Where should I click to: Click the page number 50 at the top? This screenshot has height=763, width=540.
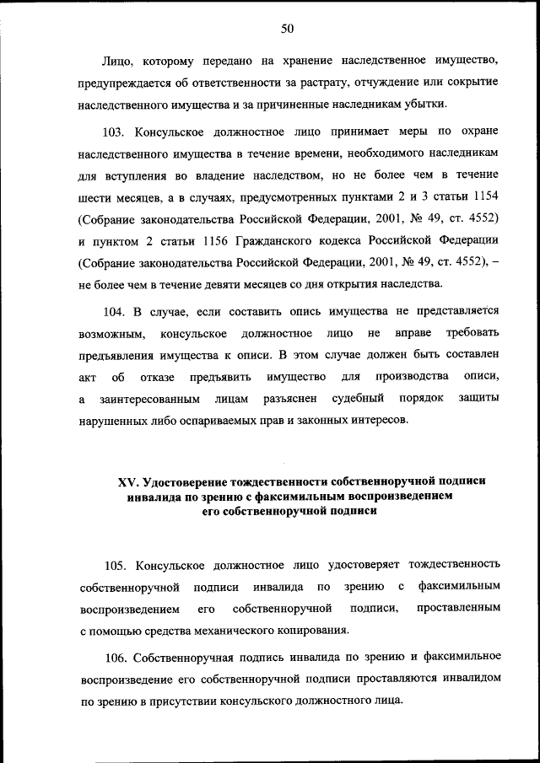(286, 29)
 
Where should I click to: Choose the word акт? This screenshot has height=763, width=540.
(86, 376)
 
